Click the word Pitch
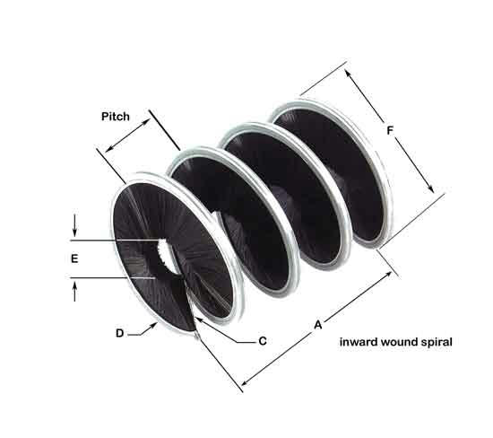pos(116,117)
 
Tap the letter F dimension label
pos(390,130)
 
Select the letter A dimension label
pos(318,325)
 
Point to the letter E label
pos(74,258)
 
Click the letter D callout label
pos(120,333)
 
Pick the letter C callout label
pos(263,341)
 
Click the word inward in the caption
pos(359,342)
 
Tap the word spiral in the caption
pos(437,343)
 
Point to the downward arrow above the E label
pos(74,225)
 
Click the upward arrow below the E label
pos(74,292)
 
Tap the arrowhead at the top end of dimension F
pos(348,73)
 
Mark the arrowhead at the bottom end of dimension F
pos(430,188)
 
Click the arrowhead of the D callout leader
pos(154,325)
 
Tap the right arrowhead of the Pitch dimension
pos(146,122)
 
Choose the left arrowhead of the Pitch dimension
pos(108,149)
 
